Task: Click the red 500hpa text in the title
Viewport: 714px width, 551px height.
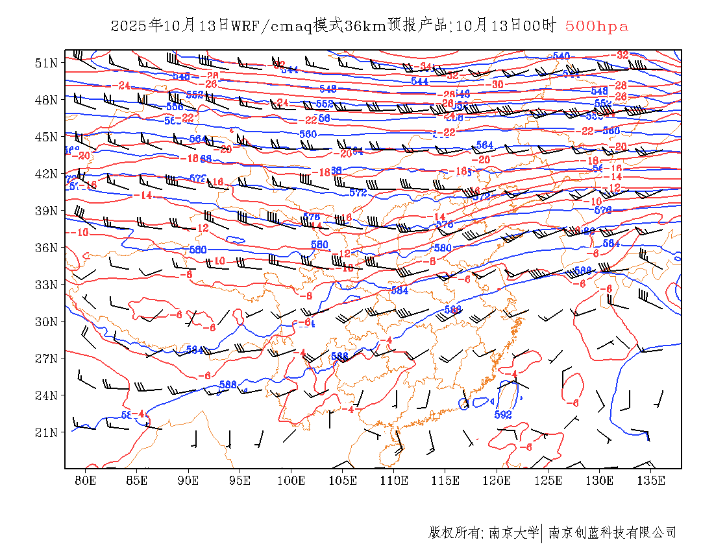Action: point(597,26)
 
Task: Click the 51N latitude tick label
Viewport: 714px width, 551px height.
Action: point(46,63)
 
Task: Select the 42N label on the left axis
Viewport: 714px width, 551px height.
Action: point(46,174)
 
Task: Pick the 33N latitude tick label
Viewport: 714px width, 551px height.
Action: point(46,285)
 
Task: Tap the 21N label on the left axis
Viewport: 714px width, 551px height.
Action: point(46,432)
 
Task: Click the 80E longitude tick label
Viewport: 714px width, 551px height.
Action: point(86,480)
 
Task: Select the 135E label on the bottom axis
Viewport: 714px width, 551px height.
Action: point(651,480)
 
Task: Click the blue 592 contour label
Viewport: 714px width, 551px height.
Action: point(503,414)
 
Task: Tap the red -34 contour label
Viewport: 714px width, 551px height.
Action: point(425,66)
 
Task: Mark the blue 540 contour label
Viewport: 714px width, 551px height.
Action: point(561,56)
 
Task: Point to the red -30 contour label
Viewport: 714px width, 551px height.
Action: point(497,84)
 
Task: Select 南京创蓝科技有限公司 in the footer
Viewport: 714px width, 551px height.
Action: point(612,533)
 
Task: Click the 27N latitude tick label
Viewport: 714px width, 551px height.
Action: point(46,358)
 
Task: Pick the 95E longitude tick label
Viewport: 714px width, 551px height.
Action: point(240,480)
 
